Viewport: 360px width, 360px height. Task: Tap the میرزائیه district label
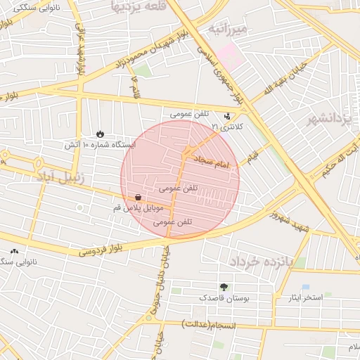point(228,30)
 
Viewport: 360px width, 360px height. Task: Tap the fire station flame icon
point(100,134)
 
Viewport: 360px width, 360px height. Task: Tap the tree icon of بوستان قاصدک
point(224,287)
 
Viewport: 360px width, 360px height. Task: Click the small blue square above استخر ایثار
point(305,287)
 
